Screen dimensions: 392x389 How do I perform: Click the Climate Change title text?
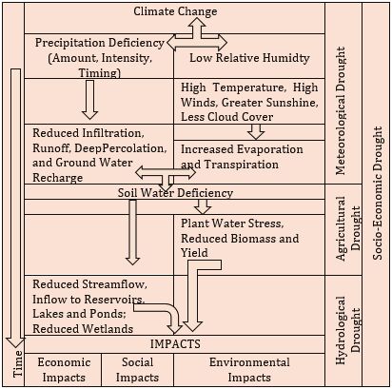coord(175,11)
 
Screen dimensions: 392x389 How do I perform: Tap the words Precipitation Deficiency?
coord(100,43)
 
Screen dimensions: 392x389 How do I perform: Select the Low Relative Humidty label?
coord(249,58)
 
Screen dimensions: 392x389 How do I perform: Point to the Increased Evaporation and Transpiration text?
coord(242,157)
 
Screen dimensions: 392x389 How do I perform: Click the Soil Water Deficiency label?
coord(175,193)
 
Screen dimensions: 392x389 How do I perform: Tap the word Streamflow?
coord(114,284)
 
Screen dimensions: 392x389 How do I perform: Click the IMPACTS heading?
coord(175,344)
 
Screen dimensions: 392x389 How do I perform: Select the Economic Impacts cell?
coord(64,370)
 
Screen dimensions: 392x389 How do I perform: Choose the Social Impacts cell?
coord(137,370)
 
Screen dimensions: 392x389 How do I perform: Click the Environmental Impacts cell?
coord(249,370)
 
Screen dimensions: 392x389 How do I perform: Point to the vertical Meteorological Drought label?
coord(341,110)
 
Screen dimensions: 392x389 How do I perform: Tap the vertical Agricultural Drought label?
coord(348,228)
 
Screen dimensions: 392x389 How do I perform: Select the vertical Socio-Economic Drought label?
coord(378,193)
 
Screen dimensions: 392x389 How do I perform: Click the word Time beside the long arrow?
coord(18,363)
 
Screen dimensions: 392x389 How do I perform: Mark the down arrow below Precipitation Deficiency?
coord(89,100)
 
